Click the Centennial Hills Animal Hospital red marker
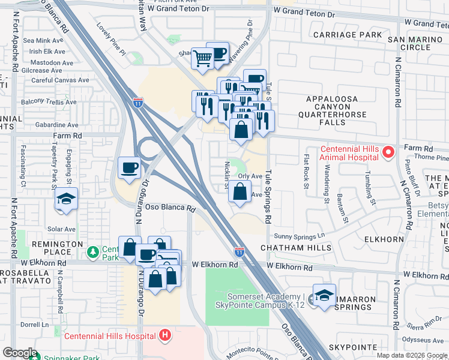tap(387, 153)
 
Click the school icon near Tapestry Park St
tap(66, 199)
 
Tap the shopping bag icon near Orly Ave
tap(240, 191)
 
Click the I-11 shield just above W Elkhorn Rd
tap(239, 252)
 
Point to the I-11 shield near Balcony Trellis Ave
tap(138, 102)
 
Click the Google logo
tap(20, 353)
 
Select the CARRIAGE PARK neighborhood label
tap(356, 35)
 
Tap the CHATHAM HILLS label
tap(296, 247)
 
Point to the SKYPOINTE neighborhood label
tap(352, 347)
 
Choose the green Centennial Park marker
tap(92, 250)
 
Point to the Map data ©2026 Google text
tap(412, 355)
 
